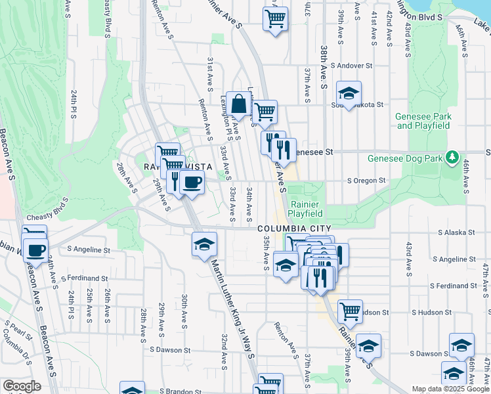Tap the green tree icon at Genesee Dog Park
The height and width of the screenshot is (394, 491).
pos(452,158)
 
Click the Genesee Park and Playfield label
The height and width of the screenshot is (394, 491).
pos(423,121)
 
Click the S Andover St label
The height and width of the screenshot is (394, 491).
pos(351,66)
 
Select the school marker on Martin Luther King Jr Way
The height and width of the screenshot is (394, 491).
pos(204,246)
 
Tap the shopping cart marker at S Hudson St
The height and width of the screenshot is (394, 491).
pos(350,311)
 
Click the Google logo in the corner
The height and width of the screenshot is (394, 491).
pos(22,386)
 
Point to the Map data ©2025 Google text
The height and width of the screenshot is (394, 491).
pos(450,389)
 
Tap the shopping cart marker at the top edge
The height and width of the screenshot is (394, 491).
pos(276,18)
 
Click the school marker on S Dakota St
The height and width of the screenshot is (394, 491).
pos(349,93)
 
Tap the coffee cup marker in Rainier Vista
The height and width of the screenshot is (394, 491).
pos(192,183)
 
